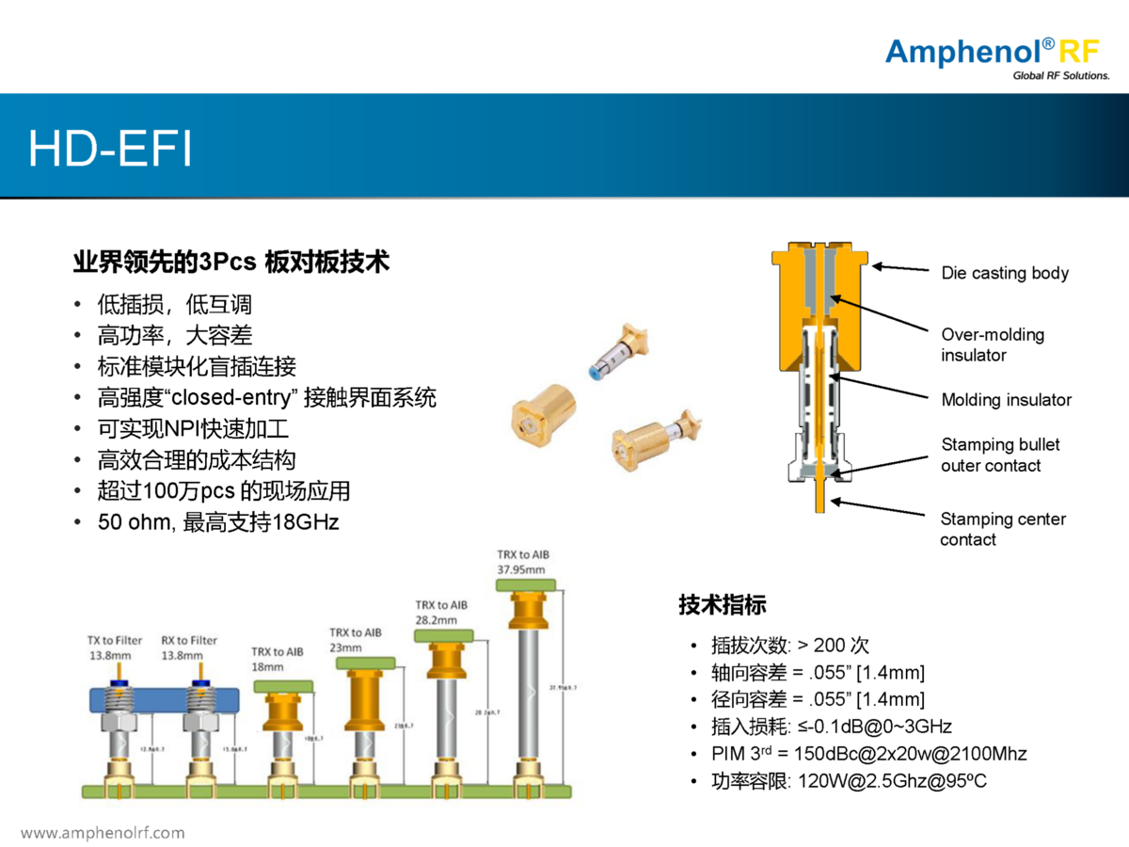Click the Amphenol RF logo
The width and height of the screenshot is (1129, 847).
click(x=997, y=56)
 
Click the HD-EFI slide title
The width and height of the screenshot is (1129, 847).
click(x=110, y=148)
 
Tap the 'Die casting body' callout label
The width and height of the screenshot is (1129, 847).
click(x=1005, y=273)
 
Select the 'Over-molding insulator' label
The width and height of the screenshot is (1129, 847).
click(x=993, y=344)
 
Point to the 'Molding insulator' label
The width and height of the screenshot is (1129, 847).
click(x=1006, y=400)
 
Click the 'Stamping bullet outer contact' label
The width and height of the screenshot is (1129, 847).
click(x=1000, y=455)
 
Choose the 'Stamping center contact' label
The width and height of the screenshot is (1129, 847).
click(x=1003, y=529)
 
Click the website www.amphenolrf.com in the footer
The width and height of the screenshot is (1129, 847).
click(x=103, y=833)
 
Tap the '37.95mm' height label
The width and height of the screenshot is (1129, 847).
click(x=522, y=570)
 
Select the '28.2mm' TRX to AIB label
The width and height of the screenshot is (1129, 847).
click(x=440, y=620)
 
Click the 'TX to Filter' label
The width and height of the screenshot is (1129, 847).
click(x=115, y=640)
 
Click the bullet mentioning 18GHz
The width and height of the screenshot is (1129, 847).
click(x=218, y=521)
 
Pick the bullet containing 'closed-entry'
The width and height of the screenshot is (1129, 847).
click(x=266, y=397)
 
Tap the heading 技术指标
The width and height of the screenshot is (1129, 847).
click(x=723, y=604)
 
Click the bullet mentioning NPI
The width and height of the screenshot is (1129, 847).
click(x=193, y=429)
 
